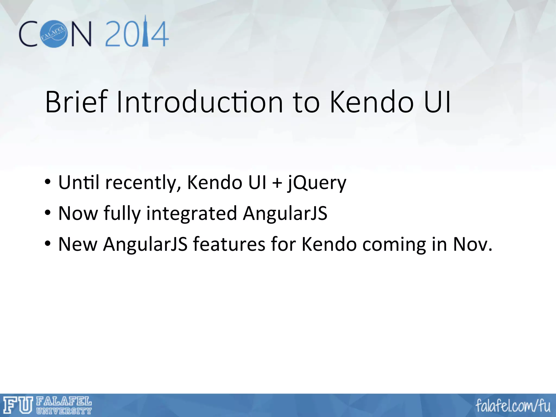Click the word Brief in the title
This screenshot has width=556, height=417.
pyautogui.click(x=77, y=102)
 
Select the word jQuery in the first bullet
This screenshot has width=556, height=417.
pyautogui.click(x=317, y=183)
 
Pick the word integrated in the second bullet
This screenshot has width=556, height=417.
pyautogui.click(x=192, y=214)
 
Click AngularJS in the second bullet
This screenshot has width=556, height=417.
pyautogui.click(x=285, y=213)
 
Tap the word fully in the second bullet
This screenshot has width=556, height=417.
pyautogui.click(x=122, y=214)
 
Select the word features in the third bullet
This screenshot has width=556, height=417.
pyautogui.click(x=229, y=244)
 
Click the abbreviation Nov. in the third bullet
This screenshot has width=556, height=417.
pyautogui.click(x=472, y=244)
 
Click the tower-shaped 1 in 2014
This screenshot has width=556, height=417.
pyautogui.click(x=146, y=31)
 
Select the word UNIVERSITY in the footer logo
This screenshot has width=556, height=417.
pyautogui.click(x=64, y=411)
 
